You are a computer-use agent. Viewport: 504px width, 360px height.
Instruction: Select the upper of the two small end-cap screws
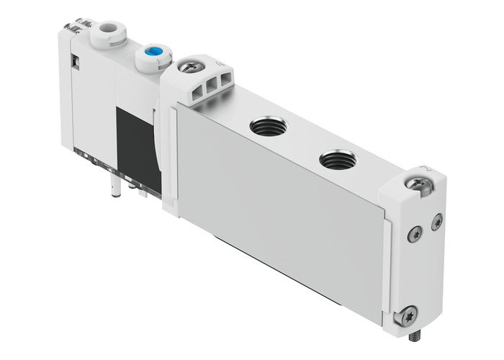(x=436, y=223)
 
